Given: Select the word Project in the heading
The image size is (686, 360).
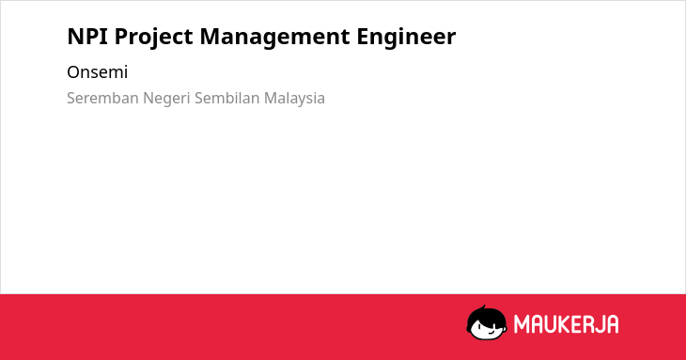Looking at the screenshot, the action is [153, 38].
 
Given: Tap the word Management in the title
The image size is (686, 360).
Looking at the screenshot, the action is [274, 38].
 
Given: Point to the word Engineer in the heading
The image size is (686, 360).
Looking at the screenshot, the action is [406, 38].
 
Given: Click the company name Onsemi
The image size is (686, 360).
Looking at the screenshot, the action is [97, 72].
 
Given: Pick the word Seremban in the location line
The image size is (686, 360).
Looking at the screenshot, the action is [102, 98].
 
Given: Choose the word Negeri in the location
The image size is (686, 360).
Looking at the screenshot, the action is [166, 99].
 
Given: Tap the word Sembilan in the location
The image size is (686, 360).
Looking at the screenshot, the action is [227, 98].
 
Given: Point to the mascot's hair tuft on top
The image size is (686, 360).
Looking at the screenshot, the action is [483, 307].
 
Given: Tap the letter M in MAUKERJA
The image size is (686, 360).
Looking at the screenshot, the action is [522, 324].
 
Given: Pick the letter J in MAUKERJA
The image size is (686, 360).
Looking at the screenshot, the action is [599, 324].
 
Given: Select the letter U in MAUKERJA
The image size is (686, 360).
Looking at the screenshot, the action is [552, 324].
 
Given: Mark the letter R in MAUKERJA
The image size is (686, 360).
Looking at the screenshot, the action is [586, 324].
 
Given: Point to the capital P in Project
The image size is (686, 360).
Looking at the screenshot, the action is [120, 37].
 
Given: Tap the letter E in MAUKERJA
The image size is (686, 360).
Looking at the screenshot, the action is [577, 324].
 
